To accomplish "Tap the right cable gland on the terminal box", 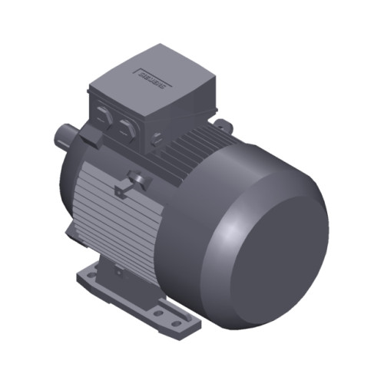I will (124, 127).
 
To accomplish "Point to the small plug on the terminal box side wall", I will (158, 139).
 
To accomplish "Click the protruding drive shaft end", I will (63, 136).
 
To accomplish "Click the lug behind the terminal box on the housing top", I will (223, 123).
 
